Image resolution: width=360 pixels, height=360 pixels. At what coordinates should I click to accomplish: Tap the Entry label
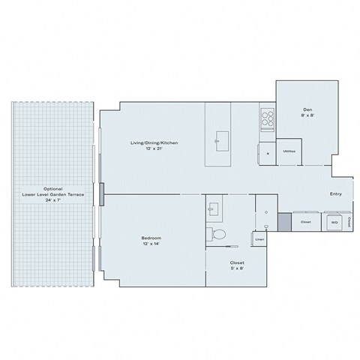(336, 194)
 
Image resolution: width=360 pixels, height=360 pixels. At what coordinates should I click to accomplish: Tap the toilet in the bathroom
(219, 235)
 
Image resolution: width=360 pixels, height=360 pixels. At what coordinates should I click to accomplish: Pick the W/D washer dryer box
(334, 223)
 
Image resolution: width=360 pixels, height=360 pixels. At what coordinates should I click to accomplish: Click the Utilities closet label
(289, 151)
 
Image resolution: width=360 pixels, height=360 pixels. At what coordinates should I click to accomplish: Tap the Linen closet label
(259, 239)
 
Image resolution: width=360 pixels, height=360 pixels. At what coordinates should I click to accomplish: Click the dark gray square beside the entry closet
(284, 222)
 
